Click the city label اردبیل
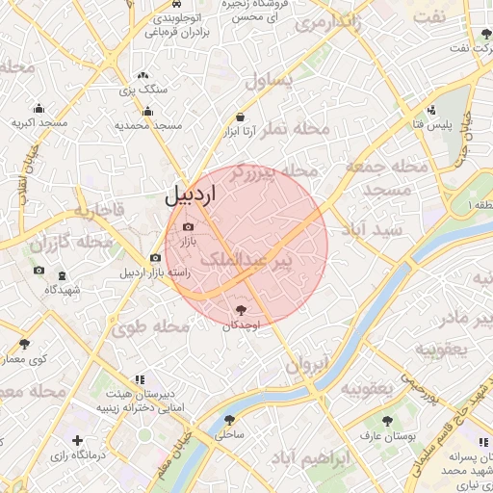[x=192, y=193]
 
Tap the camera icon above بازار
[x=188, y=226]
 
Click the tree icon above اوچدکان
[x=240, y=309]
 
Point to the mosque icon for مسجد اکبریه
[x=39, y=109]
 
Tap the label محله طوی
[x=149, y=327]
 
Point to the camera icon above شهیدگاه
[x=39, y=271]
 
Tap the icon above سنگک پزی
[x=143, y=74]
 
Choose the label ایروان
[x=306, y=365]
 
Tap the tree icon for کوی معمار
[x=24, y=344]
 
